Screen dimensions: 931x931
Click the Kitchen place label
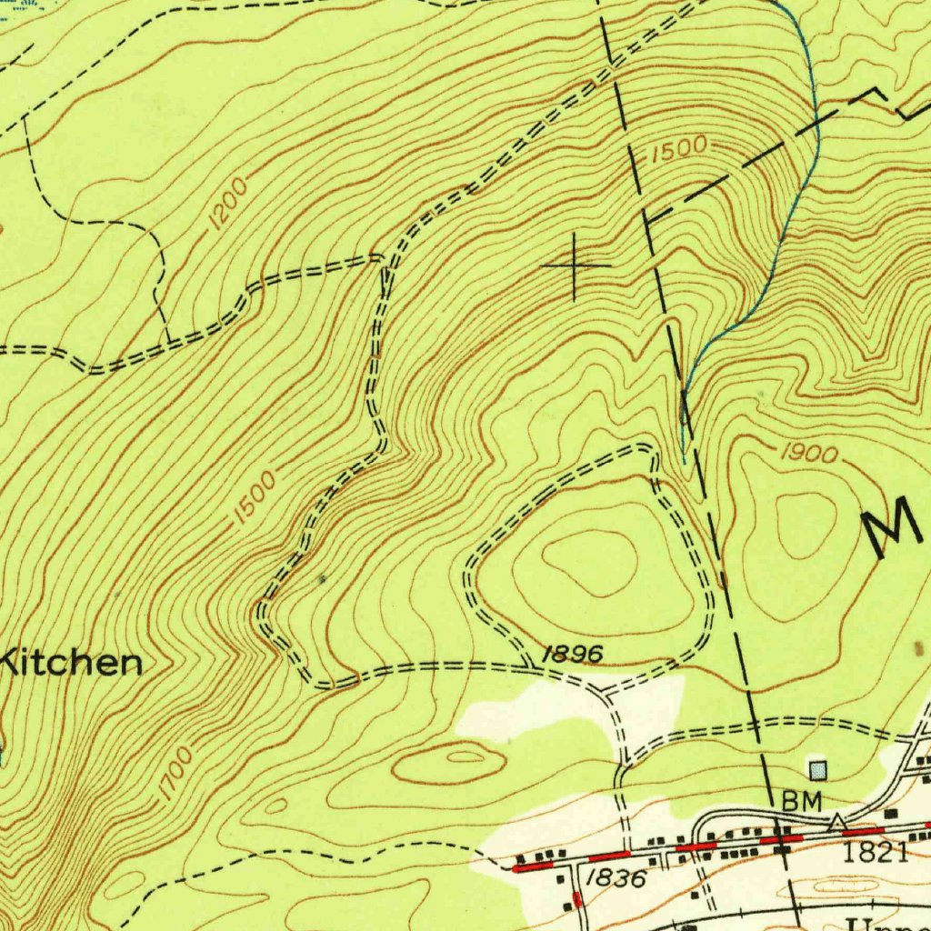(71, 663)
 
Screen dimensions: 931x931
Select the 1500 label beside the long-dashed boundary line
(677, 150)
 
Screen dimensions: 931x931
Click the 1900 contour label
(808, 454)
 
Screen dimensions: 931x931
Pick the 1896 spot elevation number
(572, 654)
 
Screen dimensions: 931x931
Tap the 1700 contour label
(174, 773)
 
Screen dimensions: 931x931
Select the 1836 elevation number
(616, 878)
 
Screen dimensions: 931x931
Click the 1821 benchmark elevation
(876, 852)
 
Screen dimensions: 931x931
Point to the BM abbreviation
(801, 801)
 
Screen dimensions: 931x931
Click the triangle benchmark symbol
(836, 823)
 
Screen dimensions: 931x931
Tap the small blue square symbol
(819, 771)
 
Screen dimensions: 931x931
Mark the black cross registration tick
(576, 265)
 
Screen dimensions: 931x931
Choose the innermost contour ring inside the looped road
(592, 563)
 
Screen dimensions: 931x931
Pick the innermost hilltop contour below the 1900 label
(806, 526)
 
